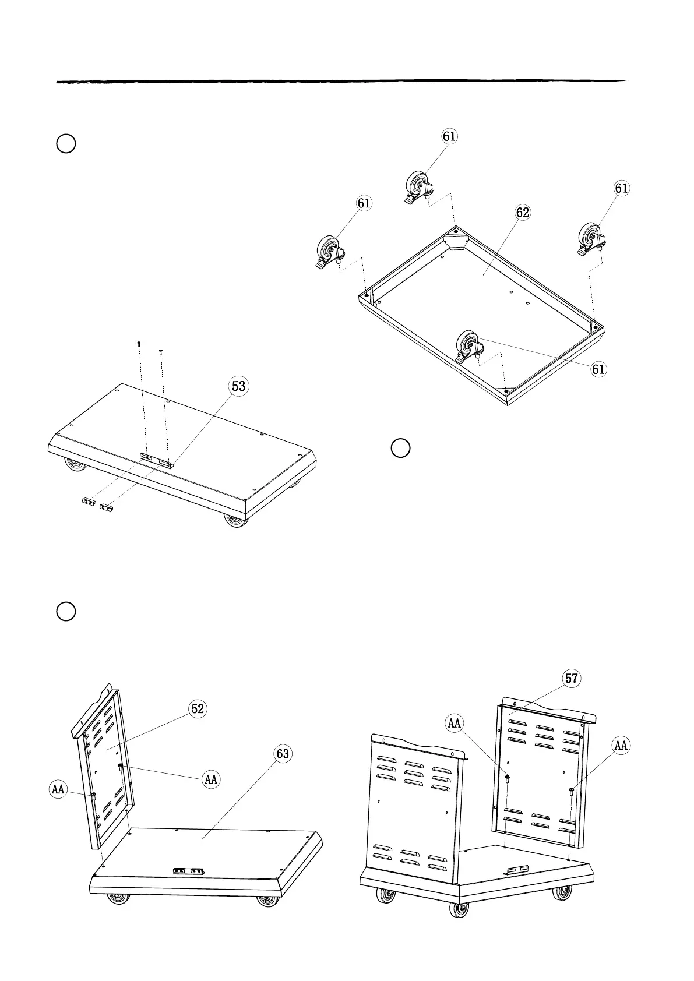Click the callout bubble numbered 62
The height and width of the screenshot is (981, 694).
click(x=523, y=213)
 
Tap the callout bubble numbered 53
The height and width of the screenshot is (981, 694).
click(x=239, y=386)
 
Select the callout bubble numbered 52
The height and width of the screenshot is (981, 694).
click(x=198, y=708)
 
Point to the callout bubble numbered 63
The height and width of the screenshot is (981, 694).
click(x=283, y=754)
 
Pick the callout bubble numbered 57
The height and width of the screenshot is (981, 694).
click(x=572, y=678)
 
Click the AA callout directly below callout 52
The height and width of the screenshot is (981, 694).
click(x=211, y=779)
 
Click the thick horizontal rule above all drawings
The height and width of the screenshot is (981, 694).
click(x=341, y=82)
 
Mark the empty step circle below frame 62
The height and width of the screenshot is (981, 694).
click(x=400, y=448)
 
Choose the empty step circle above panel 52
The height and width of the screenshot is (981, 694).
click(x=66, y=611)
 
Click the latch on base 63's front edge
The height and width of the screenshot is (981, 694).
click(x=188, y=871)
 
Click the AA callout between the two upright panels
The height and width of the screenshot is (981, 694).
click(x=454, y=724)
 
